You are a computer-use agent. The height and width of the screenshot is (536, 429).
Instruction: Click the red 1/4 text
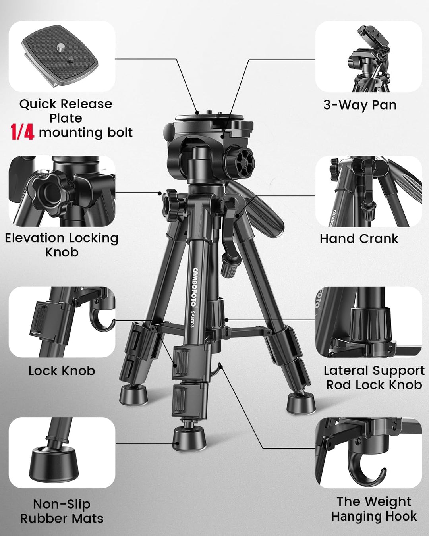coord(22,132)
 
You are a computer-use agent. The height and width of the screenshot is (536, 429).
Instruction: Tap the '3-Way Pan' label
coord(360,105)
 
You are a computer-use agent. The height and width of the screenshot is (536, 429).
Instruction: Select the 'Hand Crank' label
coord(359,238)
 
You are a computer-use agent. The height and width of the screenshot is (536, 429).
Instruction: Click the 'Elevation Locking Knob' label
coord(62,245)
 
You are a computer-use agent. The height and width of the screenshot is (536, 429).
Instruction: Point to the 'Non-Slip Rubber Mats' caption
coord(62,511)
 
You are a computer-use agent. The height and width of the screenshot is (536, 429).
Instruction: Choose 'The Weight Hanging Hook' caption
coord(374,509)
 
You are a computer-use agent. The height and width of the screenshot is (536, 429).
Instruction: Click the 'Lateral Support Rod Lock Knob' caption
coord(374,378)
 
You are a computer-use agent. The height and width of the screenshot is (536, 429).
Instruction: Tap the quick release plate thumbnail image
coord(62,56)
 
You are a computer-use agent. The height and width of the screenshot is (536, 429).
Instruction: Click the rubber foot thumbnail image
coord(62,453)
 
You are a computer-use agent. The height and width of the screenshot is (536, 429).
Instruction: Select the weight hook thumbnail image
coord(369,453)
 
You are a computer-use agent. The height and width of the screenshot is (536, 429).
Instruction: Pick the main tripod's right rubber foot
coord(301,404)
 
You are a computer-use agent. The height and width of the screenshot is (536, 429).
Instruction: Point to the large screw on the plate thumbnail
coord(60,47)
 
